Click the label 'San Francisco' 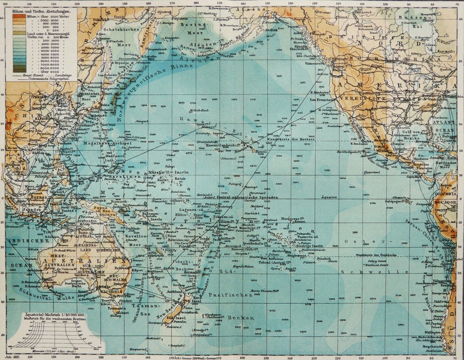pos(323,101)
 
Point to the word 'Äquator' pos(330,196)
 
